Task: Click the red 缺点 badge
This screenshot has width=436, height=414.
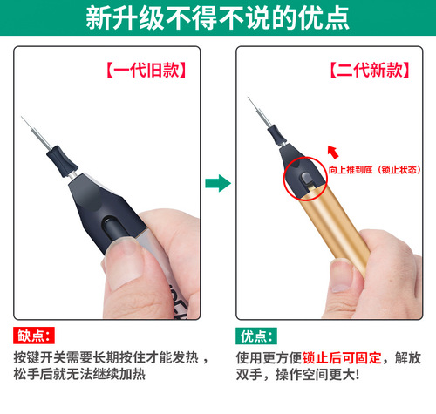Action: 35,336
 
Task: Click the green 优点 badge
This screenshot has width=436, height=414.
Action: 256,336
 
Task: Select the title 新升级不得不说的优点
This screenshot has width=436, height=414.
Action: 218,20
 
